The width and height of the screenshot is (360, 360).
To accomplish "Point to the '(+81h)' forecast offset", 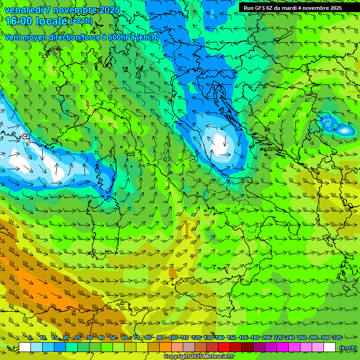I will tap(81, 21).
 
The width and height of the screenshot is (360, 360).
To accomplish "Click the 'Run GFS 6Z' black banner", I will tap(292, 7).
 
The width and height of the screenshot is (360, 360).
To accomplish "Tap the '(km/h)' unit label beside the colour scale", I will tap(347, 348).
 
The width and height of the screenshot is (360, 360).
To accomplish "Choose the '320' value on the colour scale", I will tap(337, 337).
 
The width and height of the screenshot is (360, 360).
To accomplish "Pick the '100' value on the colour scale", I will tap(173, 337).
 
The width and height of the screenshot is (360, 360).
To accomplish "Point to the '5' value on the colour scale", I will tap(30, 337).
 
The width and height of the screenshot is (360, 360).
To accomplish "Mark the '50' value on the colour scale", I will tap(113, 337).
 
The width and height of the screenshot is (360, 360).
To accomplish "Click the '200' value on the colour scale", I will tap(267, 337).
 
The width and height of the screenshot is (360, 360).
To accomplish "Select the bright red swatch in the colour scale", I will tap(224, 347).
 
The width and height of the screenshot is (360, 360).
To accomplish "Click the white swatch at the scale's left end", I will tap(25, 347).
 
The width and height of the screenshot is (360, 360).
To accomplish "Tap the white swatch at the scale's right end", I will tap(330, 347).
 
